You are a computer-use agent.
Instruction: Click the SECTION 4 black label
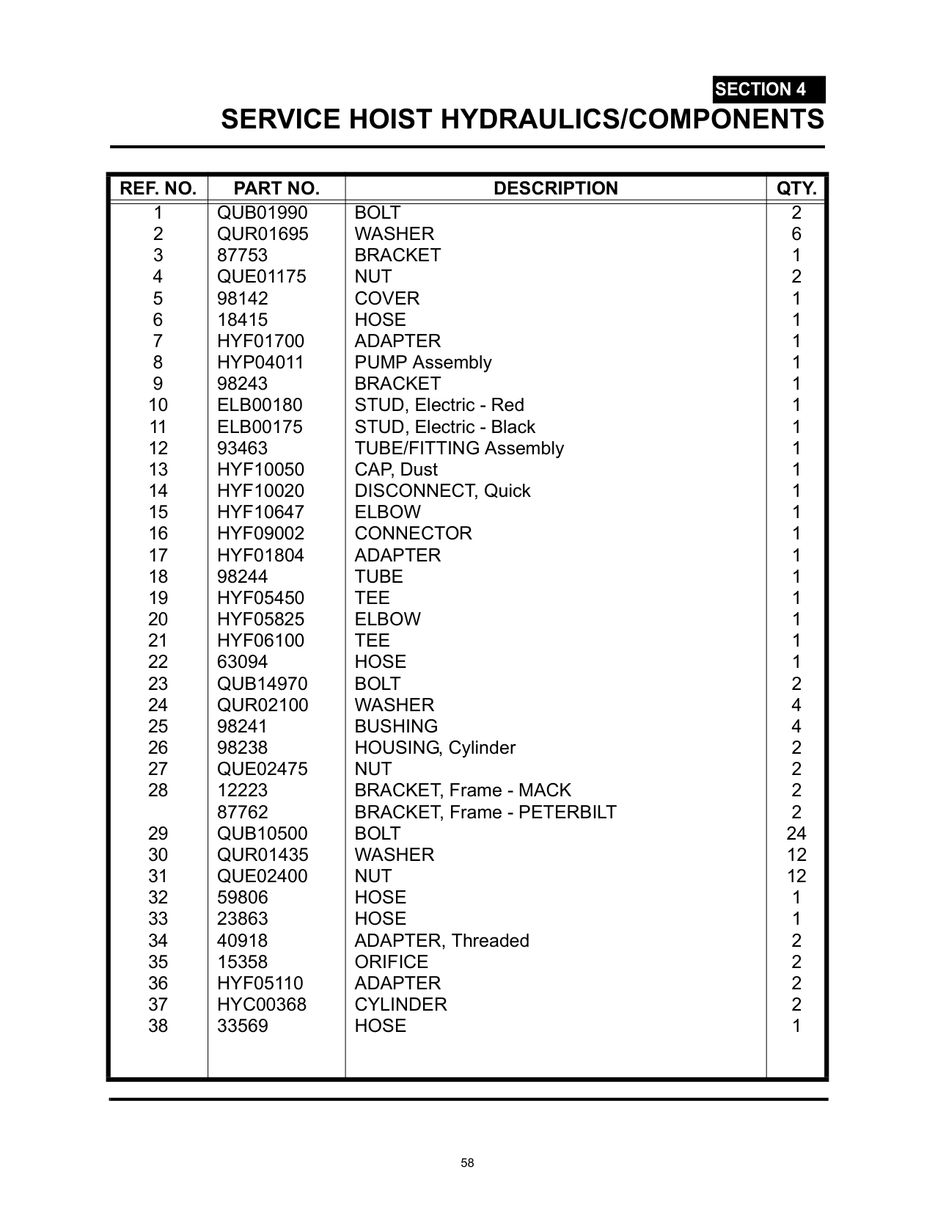[768, 90]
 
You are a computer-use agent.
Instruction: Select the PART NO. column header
[276, 189]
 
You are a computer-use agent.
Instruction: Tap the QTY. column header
[796, 189]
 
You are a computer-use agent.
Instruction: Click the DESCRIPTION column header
[555, 189]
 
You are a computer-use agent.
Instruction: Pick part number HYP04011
[260, 363]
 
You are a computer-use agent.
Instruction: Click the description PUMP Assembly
[422, 363]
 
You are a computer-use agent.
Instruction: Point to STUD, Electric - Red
[439, 405]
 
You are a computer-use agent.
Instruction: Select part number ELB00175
[260, 427]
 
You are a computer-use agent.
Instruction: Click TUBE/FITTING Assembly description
[459, 448]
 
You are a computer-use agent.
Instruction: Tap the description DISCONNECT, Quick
[442, 491]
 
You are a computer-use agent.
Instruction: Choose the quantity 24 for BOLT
[796, 834]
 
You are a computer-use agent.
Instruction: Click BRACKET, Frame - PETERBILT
[485, 812]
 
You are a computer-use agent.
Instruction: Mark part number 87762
[243, 812]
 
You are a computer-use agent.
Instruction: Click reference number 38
[158, 1026]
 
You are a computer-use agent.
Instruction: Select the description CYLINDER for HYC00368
[400, 1005]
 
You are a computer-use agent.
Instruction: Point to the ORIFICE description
[391, 962]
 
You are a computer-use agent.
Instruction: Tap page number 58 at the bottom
[467, 1163]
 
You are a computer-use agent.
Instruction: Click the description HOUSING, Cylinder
[435, 748]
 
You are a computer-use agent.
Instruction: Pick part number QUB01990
[262, 213]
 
